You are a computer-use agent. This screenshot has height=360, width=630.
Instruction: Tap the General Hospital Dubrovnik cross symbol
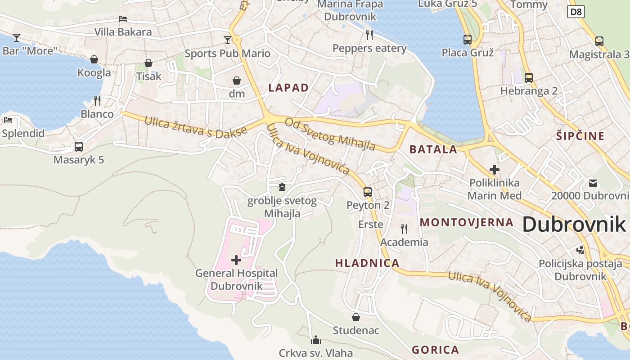pyautogui.click(x=236, y=260)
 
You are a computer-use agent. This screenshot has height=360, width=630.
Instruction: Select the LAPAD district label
pyautogui.click(x=288, y=88)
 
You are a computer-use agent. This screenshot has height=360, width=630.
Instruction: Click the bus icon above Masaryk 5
pyautogui.click(x=79, y=147)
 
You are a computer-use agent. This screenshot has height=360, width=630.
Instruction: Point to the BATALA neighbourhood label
pyautogui.click(x=433, y=149)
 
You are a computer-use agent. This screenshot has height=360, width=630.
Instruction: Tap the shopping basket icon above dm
pyautogui.click(x=237, y=81)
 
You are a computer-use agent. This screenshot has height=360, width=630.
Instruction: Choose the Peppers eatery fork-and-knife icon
pyautogui.click(x=369, y=35)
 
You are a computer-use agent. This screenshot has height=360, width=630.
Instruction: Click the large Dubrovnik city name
pyautogui.click(x=574, y=224)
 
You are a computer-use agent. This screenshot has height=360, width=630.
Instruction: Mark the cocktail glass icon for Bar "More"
pyautogui.click(x=17, y=37)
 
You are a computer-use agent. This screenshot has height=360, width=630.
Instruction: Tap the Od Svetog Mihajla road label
pyautogui.click(x=330, y=135)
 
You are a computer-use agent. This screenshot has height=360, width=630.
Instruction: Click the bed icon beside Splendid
pyautogui.click(x=8, y=120)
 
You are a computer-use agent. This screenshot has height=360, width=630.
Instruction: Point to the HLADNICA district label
pyautogui.click(x=367, y=263)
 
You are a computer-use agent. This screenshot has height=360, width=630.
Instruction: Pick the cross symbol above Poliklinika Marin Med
pyautogui.click(x=495, y=170)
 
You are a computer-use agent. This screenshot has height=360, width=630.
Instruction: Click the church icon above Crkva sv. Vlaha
pyautogui.click(x=316, y=339)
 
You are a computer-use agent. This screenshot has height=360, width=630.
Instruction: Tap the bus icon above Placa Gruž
pyautogui.click(x=468, y=39)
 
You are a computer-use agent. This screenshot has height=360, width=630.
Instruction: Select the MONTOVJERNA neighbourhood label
pyautogui.click(x=466, y=222)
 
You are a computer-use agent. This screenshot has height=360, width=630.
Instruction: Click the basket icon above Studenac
pyautogui.click(x=356, y=317)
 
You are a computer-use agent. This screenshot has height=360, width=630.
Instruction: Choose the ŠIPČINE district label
pyautogui.click(x=580, y=136)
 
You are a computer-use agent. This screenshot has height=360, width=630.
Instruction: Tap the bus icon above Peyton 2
pyautogui.click(x=368, y=192)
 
